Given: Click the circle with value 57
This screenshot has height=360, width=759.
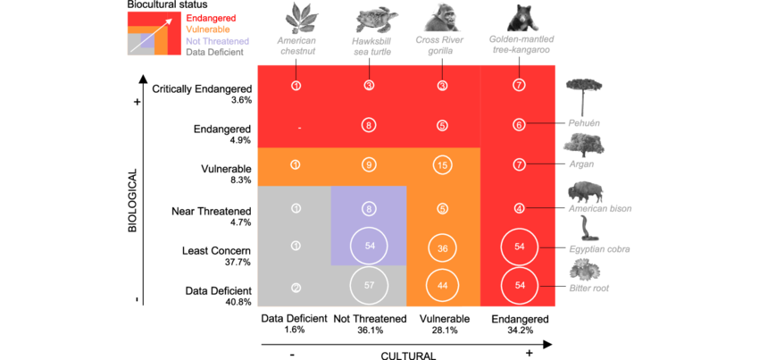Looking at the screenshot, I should pos(369,286).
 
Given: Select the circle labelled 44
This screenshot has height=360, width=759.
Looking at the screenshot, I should pos(442,286).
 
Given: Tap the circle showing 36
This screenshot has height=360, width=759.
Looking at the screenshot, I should pos(442,248).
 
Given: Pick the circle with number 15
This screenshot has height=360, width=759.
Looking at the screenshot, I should pos(442,164).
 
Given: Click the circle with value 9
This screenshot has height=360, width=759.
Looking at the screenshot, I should pos(369,164).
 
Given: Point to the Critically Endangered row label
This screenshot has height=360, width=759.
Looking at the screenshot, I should pos(203,88).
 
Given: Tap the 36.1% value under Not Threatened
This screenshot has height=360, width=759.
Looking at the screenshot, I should pos(369,330).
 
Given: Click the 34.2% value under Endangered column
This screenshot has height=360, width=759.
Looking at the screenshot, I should pos(519,330).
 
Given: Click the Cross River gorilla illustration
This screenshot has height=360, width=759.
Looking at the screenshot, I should pos(442,18).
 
